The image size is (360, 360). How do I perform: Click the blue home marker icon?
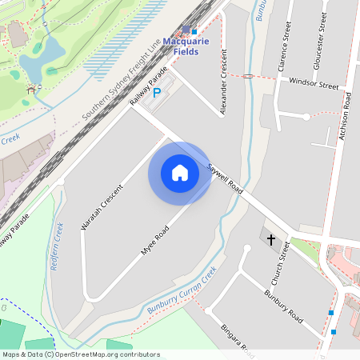coord(180,173)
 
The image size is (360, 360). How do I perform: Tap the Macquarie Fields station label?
coord(191,46)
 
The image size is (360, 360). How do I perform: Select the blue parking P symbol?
coord(157,93)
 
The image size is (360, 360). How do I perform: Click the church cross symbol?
coord(270,239)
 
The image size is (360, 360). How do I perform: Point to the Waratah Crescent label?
coord(102,207)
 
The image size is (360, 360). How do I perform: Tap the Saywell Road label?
coord(225,180)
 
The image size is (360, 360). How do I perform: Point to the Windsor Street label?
coord(314,83)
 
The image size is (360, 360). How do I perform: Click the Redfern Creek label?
coord(57,248)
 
